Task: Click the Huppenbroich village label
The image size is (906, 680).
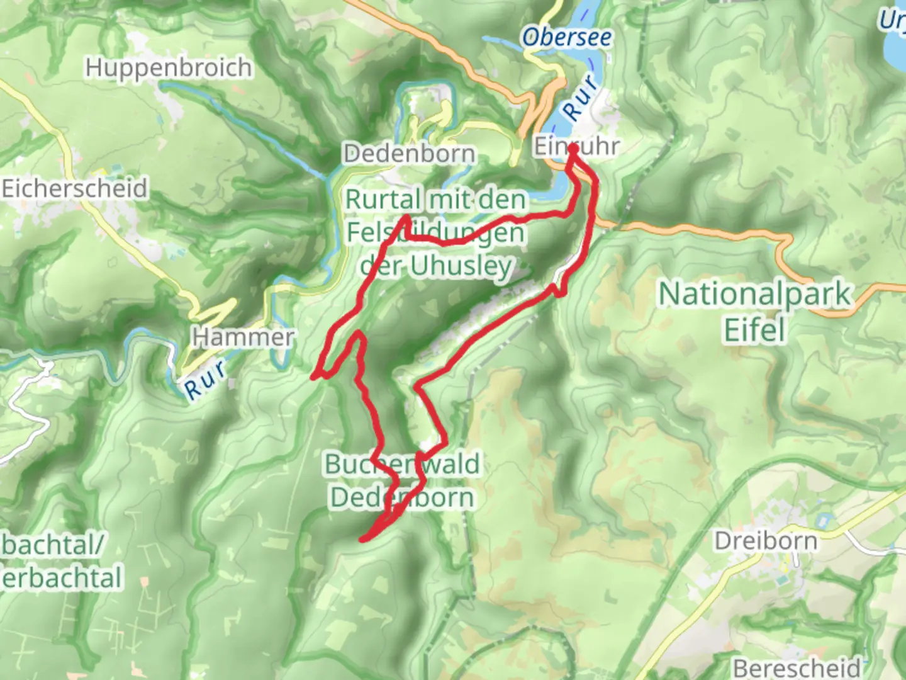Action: [169, 67]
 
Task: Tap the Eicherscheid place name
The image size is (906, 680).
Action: [74, 188]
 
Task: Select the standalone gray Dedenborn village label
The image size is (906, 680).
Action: [409, 153]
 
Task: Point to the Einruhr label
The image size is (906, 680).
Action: [576, 146]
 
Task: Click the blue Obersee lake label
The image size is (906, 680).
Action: [566, 38]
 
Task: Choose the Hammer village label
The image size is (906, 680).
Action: [243, 337]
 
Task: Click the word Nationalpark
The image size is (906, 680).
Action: [755, 295]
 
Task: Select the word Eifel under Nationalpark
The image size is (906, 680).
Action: [755, 330]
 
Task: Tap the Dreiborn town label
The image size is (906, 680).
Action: [765, 541]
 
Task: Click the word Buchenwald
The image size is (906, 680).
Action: [401, 464]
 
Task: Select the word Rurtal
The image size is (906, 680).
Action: [383, 200]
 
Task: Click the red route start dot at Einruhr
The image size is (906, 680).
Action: [573, 149]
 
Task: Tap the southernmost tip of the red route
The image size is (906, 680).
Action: [363, 539]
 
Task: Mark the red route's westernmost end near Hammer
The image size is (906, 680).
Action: [314, 377]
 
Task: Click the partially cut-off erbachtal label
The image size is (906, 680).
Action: [62, 578]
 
